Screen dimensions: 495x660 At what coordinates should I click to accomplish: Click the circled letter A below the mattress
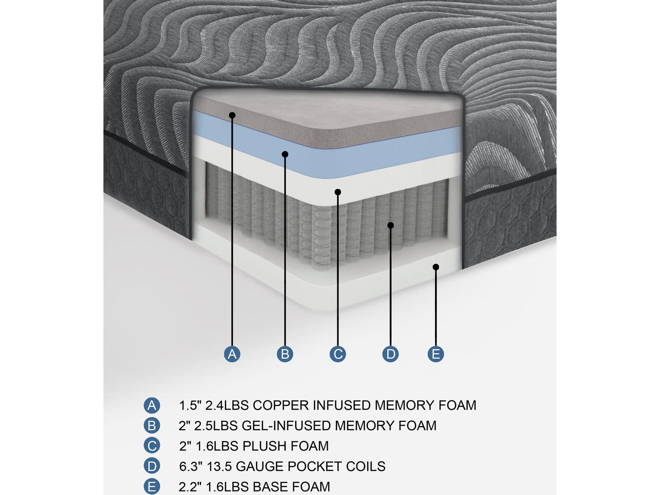[232, 354]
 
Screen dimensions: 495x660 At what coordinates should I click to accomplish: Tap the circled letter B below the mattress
[285, 354]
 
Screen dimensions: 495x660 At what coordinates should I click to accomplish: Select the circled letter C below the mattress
[338, 354]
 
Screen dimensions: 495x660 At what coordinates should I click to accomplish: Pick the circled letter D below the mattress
[390, 354]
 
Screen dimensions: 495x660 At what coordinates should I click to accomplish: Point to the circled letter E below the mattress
[436, 354]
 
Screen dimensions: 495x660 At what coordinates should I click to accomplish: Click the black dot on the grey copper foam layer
[232, 115]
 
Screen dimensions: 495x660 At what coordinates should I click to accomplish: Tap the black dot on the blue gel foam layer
[285, 154]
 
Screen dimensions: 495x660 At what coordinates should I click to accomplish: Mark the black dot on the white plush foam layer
[338, 192]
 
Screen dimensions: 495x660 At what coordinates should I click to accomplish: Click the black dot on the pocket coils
[390, 226]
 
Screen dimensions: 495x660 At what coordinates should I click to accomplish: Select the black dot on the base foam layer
[436, 267]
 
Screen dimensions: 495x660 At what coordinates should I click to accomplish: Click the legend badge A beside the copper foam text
[152, 405]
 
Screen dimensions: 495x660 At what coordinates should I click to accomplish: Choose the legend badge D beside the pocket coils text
[152, 466]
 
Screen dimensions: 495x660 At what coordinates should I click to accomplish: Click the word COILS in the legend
[366, 466]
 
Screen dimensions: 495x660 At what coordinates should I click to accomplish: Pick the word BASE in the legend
[270, 487]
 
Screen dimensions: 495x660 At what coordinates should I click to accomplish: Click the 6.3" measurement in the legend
[191, 466]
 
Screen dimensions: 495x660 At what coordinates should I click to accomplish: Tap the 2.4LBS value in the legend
[227, 405]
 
